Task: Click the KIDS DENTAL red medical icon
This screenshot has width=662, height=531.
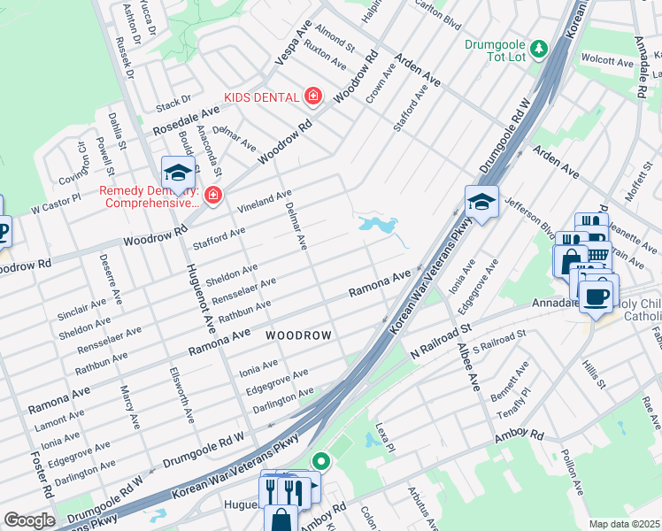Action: tap(312, 96)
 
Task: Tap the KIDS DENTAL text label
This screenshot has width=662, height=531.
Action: tap(262, 96)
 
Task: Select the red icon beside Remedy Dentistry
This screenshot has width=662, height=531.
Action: tap(212, 195)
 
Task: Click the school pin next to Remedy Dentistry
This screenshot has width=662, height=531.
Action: tap(178, 173)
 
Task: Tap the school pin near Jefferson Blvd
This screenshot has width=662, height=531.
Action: tap(481, 203)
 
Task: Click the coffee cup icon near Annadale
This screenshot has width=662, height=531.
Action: tap(599, 294)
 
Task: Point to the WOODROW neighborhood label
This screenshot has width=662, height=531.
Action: tap(299, 335)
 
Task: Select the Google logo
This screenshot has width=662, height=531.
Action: tap(28, 519)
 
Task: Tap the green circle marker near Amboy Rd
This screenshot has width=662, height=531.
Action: tap(320, 461)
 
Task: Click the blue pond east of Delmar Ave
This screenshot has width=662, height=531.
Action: tap(378, 226)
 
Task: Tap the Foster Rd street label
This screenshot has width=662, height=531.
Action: tap(42, 475)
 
